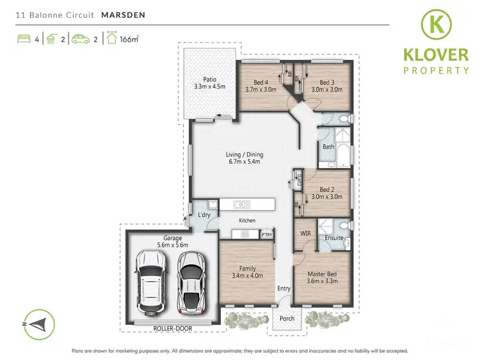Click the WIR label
(305, 234)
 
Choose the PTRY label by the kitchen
(267, 235)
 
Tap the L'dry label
(204, 214)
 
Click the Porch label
(287, 318)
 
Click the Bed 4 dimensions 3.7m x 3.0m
(260, 90)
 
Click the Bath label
(328, 146)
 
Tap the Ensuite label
(334, 238)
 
